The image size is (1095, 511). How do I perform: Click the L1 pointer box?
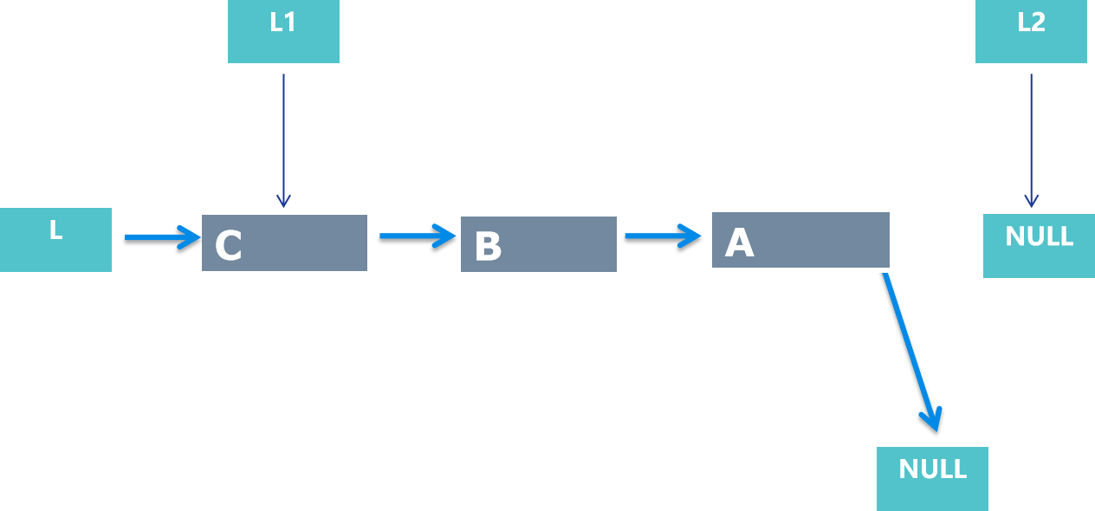283,31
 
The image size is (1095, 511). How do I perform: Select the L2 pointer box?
1031,31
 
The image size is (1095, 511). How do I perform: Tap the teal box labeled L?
55,240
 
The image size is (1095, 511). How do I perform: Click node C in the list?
284,243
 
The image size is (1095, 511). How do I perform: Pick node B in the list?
538,245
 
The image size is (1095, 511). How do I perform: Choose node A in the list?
800,241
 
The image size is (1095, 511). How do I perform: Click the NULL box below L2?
1039,246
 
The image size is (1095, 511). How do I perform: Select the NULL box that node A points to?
932,478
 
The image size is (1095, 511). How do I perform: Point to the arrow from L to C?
161,236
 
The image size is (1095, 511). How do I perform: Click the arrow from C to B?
417,235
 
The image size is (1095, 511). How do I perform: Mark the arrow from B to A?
662,235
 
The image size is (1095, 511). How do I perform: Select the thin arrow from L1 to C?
283,139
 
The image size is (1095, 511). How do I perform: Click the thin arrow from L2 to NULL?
1031,139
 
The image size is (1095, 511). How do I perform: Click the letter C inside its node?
229,246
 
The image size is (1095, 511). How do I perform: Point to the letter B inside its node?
488,247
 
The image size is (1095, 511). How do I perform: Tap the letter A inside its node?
739,243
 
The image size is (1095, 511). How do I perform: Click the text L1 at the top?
283,23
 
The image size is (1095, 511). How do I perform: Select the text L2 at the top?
1031,23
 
